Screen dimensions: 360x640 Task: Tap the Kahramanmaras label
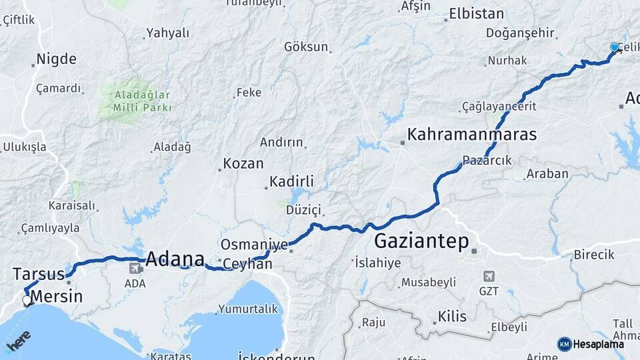tap(472, 135)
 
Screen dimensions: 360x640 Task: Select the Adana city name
tap(175, 259)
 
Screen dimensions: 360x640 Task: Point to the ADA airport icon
tap(135, 268)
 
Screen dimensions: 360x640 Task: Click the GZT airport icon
tap(489, 276)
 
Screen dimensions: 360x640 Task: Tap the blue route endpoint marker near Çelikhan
tap(614, 47)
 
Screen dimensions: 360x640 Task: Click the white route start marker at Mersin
tap(27, 301)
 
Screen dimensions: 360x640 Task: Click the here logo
tap(18, 341)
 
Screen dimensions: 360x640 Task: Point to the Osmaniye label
tap(254, 245)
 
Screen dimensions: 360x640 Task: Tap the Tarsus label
tap(38, 274)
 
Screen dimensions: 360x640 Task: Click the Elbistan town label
tap(477, 13)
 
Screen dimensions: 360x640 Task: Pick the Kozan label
tap(243, 163)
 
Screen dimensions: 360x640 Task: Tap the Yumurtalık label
tap(247, 309)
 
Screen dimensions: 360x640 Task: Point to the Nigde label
tap(56, 59)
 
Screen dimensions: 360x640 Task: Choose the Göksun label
tap(306, 47)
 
